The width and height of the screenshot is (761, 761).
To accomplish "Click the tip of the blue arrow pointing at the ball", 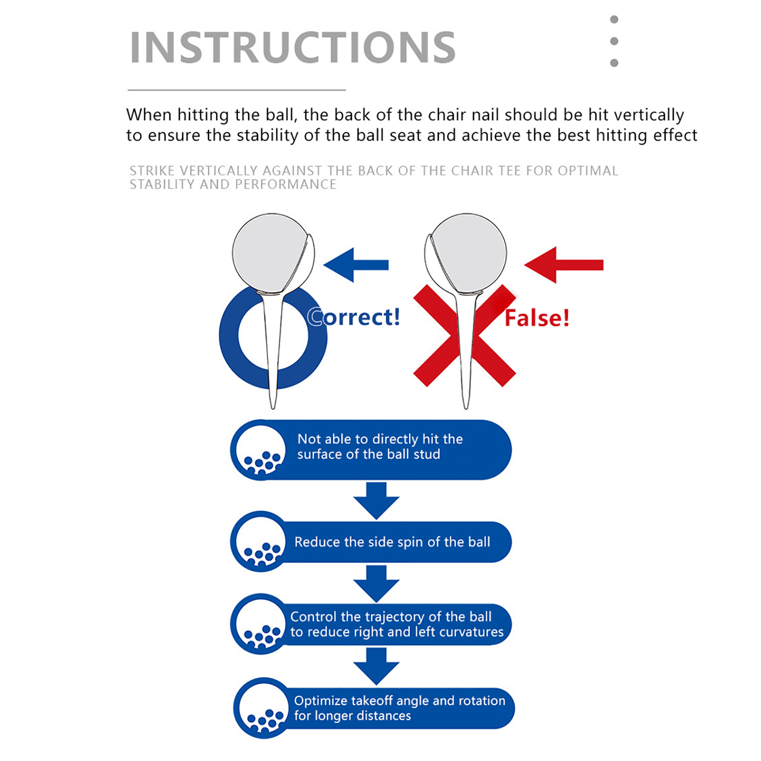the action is (324, 265).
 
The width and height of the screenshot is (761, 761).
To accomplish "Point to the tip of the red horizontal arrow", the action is (525, 265).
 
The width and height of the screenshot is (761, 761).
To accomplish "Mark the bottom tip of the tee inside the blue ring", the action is (273, 409).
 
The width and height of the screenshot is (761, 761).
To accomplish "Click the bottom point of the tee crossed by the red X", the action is (466, 409).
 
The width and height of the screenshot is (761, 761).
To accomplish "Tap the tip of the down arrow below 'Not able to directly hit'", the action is (376, 519).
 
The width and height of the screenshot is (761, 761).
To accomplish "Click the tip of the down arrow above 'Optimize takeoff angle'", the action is (376, 685).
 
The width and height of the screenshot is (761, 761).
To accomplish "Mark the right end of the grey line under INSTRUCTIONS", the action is (346, 90).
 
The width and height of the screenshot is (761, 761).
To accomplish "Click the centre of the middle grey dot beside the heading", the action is (614, 41).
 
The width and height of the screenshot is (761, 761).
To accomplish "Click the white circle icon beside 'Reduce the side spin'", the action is (261, 541).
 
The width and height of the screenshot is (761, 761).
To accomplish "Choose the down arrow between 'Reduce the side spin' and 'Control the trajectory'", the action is (376, 584).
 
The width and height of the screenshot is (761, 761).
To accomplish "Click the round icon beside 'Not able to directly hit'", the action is (261, 449).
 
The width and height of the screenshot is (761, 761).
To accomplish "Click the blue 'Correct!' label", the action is (354, 317).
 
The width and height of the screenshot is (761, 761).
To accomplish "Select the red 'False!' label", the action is (537, 318).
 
